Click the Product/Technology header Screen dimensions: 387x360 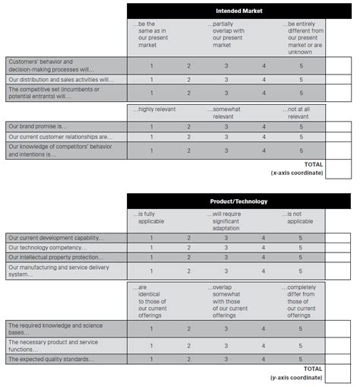[x=226, y=201]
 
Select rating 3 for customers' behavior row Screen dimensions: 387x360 [x=226, y=65]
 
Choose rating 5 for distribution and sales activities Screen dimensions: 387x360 [x=301, y=79]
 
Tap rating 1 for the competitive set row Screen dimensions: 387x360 [x=151, y=93]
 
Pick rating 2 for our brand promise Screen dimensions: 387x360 [x=189, y=126]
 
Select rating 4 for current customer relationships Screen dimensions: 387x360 [x=264, y=137]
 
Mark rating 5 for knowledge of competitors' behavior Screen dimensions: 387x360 [x=301, y=151]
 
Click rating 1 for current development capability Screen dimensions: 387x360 [x=151, y=238]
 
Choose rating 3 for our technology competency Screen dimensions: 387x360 [x=226, y=248]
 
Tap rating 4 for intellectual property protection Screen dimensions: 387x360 [x=264, y=258]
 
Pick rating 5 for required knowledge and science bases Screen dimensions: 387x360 [x=301, y=328]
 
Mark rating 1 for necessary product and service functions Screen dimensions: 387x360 [x=151, y=344]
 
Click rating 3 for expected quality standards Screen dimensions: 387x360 [x=226, y=358]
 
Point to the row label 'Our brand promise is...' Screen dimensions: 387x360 [x=38, y=126]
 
